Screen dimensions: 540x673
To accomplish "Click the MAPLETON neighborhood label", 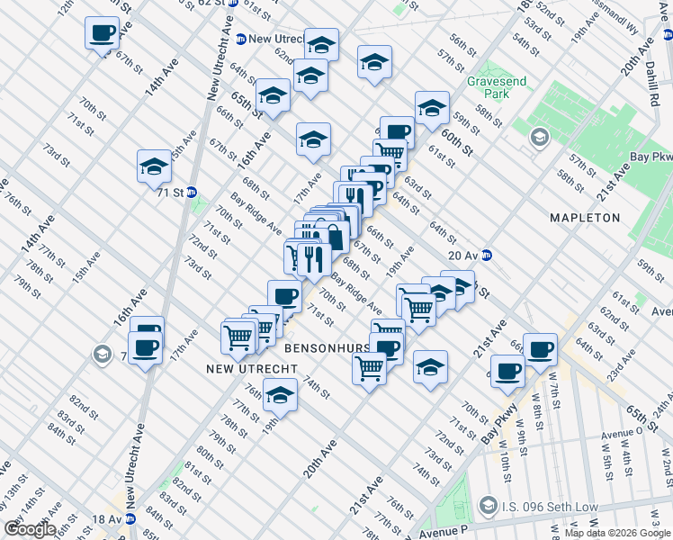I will tap(586, 218).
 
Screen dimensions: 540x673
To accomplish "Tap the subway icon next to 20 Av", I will tap(489, 255).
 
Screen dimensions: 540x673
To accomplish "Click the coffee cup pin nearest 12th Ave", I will tap(101, 34).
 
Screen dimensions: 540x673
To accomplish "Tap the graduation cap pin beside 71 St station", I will tap(155, 166).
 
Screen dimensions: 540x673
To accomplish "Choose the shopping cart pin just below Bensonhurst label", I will tap(370, 367).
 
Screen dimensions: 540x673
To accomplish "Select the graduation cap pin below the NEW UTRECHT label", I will tap(281, 395).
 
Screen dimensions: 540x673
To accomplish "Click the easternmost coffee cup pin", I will tap(540, 348).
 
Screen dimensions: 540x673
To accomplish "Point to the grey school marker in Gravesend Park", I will tap(539, 138).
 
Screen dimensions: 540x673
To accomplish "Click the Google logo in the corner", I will tap(31, 528).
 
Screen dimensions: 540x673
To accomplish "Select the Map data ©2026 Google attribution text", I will tap(617, 533).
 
